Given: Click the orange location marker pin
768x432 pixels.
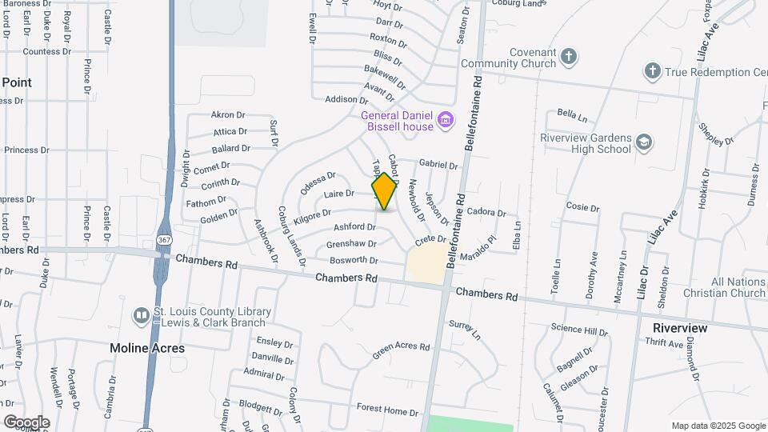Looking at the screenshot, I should pyautogui.click(x=385, y=191).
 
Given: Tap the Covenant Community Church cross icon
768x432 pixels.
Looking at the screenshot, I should pyautogui.click(x=568, y=57).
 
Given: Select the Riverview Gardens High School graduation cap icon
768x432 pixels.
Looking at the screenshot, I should pyautogui.click(x=644, y=142).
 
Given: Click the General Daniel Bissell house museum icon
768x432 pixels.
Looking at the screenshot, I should pyautogui.click(x=446, y=121).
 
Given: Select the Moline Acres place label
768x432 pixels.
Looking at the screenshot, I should pyautogui.click(x=147, y=348).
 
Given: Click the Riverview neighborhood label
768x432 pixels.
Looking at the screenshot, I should pyautogui.click(x=680, y=328).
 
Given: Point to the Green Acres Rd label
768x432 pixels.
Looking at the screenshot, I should pyautogui.click(x=401, y=348).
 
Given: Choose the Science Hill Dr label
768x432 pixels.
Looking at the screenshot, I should pyautogui.click(x=580, y=330).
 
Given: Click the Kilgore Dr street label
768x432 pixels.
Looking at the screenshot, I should pyautogui.click(x=312, y=215).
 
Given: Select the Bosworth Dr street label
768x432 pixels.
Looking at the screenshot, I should pyautogui.click(x=353, y=260).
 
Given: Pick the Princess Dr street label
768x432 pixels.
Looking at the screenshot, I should pyautogui.click(x=27, y=150).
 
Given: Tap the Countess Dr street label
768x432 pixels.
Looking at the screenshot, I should pyautogui.click(x=46, y=51).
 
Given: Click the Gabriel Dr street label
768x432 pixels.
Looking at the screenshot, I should pyautogui.click(x=438, y=165).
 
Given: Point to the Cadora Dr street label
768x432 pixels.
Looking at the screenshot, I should pyautogui.click(x=487, y=213).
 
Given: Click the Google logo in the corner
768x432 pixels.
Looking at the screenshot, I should pyautogui.click(x=26, y=422).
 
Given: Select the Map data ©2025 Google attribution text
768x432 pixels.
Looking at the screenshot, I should pyautogui.click(x=718, y=426).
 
